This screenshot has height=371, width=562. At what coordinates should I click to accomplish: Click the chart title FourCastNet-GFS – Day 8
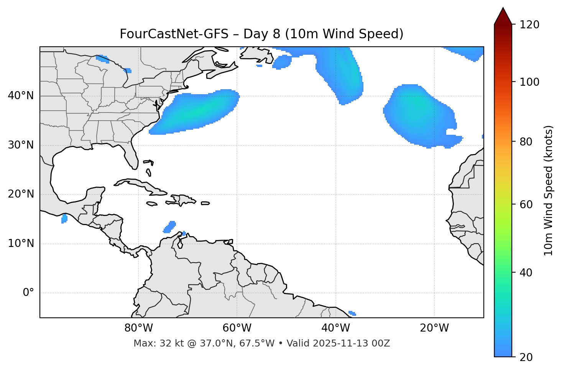[x=261, y=34]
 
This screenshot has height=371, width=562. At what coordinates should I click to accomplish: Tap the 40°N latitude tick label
[x=21, y=96]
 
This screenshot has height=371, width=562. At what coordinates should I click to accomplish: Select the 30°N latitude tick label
[x=21, y=145]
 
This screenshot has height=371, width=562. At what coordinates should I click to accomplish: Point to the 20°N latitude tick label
[x=21, y=194]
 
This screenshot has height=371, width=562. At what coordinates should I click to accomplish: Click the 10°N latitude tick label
[x=21, y=244]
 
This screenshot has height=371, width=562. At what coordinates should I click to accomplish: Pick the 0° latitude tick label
[x=28, y=293]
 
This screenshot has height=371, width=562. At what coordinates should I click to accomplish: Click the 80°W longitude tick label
[x=138, y=328]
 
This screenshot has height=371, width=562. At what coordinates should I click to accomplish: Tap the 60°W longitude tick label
[x=237, y=328]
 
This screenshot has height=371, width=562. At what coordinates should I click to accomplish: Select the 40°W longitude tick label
[x=335, y=328]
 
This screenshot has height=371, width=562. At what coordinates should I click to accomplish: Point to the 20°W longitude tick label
[x=434, y=328]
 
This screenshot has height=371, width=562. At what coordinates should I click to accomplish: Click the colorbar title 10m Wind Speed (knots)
[x=549, y=190]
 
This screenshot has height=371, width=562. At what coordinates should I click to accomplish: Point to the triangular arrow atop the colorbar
[x=503, y=16]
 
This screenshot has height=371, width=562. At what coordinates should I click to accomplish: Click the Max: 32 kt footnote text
[x=261, y=343]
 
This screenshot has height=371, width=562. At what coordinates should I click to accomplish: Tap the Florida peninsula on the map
[x=131, y=155]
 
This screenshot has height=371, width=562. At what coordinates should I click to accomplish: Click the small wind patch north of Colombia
[x=169, y=227]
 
